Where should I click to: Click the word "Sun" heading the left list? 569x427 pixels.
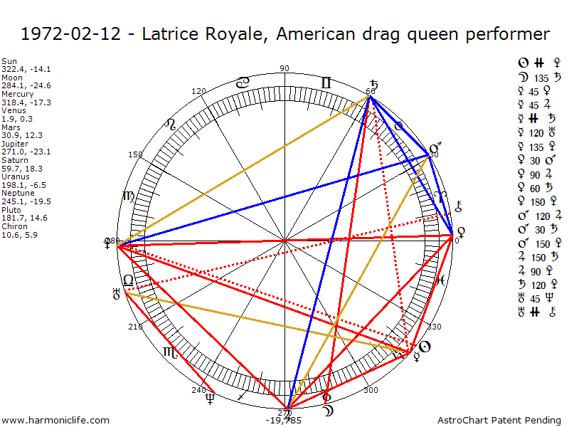[9, 61]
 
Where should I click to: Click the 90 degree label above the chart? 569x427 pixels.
[285, 68]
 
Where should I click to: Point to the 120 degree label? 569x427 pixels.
[199, 91]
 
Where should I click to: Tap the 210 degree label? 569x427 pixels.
[136, 327]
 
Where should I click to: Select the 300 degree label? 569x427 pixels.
[371, 390]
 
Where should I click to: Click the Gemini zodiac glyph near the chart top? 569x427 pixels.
[326, 83]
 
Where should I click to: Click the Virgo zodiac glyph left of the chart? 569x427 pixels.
[129, 196]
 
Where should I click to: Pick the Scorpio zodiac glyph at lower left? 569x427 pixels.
[169, 352]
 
